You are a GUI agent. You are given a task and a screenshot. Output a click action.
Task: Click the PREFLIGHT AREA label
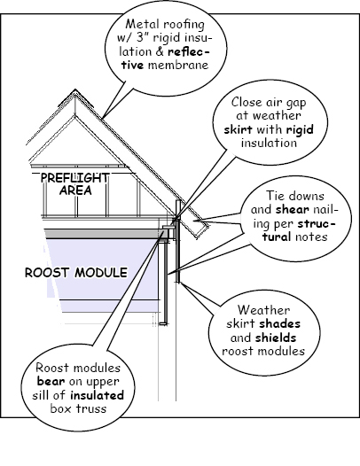[x=75, y=184]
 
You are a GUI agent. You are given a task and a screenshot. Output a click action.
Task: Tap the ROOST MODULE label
[x=76, y=273]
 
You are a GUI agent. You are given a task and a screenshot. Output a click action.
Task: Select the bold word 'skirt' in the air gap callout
[x=238, y=129]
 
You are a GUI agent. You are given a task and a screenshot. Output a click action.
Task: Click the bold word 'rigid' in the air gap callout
[x=300, y=129]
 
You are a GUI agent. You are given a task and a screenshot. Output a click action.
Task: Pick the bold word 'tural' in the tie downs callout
[x=277, y=237]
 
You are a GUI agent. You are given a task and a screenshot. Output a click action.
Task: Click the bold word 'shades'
[x=279, y=323]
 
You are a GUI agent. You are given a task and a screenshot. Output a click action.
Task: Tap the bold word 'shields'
[x=276, y=338]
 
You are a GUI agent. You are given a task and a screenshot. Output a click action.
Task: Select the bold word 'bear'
[x=51, y=381]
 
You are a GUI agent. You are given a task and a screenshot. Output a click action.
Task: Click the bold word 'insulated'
[x=97, y=395]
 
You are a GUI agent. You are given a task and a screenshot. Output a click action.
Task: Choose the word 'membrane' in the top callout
[x=178, y=65]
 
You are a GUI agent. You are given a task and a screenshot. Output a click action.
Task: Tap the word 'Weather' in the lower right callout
[x=263, y=310]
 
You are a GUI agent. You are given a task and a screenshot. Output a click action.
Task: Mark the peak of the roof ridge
[x=75, y=89]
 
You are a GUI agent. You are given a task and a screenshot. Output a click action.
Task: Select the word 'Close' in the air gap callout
[x=246, y=102]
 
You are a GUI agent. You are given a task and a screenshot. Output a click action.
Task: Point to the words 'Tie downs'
[x=295, y=196]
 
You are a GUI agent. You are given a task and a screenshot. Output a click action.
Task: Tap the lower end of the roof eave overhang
[x=198, y=238]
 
